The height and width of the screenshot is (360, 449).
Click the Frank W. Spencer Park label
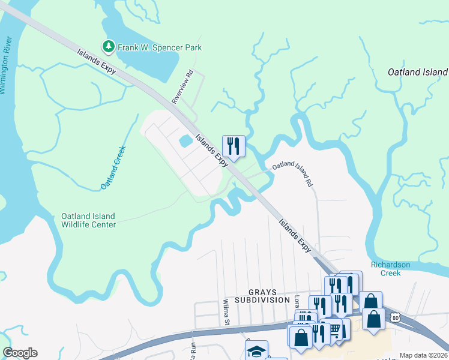pos(160,47)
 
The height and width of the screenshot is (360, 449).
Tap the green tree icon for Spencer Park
pos(108,46)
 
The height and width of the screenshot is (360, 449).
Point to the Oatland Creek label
pos(112,168)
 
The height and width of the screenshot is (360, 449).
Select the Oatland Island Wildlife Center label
pos(88,220)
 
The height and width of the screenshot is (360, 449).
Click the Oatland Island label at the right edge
pos(418,72)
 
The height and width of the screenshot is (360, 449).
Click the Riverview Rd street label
pos(182,88)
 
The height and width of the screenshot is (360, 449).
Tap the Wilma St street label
pos(226,313)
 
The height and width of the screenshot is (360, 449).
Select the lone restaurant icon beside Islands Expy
pos(234,146)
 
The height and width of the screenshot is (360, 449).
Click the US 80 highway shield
pos(394,317)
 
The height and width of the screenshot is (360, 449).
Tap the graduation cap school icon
pos(257,351)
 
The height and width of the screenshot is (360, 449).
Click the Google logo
pos(20,353)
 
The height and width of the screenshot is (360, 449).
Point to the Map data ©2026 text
pos(423,355)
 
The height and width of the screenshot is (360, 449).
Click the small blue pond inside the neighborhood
pos(185,142)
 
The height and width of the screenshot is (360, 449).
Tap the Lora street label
pos(297,300)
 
